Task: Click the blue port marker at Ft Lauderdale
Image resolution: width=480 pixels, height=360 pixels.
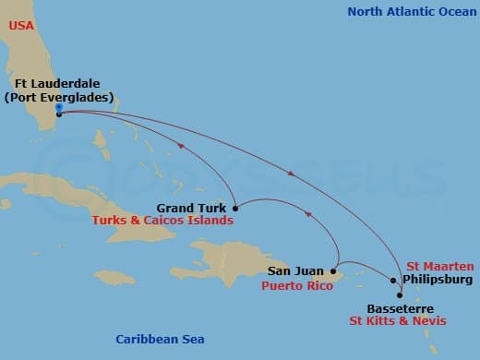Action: [58, 107]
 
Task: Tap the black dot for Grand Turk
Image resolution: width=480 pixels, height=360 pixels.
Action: [236, 208]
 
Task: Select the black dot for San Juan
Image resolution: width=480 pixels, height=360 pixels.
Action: [333, 271]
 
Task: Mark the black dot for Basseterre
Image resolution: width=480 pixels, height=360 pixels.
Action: [400, 294]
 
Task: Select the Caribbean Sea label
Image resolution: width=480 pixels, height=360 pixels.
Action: [160, 340]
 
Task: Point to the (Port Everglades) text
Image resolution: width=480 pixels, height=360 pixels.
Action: [58, 97]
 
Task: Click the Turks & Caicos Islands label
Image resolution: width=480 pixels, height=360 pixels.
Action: [162, 222]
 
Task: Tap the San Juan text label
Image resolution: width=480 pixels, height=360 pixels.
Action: [295, 271]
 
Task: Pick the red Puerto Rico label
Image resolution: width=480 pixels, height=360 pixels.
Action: [296, 285]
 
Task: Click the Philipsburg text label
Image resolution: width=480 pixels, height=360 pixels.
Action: [438, 279]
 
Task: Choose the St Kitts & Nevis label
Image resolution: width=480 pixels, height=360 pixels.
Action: [398, 321]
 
